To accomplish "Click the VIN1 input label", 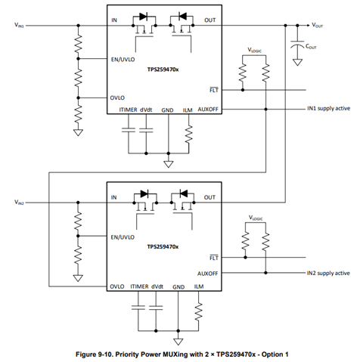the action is [x=19, y=25].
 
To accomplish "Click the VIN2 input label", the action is [x=19, y=202].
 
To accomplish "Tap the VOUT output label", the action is [x=317, y=25].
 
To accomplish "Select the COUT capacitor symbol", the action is [x=297, y=44].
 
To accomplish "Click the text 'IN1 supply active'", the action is [x=328, y=108].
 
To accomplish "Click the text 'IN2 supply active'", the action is [x=328, y=273].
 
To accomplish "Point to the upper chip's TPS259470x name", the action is [x=163, y=70].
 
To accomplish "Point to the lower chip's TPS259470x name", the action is [x=163, y=246].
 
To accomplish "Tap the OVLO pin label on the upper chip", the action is [x=117, y=97].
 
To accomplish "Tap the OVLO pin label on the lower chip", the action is [x=117, y=286].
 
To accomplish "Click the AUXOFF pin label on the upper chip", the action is [x=208, y=110].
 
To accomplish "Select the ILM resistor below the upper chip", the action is [x=188, y=135].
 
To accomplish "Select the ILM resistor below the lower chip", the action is [x=199, y=311].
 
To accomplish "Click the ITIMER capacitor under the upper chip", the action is [x=129, y=130].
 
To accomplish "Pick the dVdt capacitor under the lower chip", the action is [x=156, y=308].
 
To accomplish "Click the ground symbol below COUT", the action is [x=297, y=62].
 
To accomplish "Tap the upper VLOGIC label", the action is [x=255, y=50].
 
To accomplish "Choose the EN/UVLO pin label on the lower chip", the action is [x=123, y=237].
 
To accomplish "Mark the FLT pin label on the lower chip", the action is [x=214, y=258].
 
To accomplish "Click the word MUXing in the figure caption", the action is [x=174, y=354].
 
